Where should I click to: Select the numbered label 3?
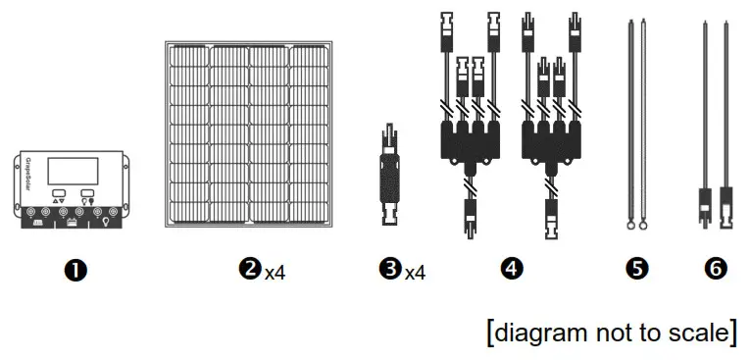tap(392, 268)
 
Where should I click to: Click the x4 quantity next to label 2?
tap(275, 271)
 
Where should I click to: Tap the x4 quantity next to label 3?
tap(416, 271)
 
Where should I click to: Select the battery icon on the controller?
tap(71, 223)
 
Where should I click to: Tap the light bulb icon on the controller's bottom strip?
tap(105, 223)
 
